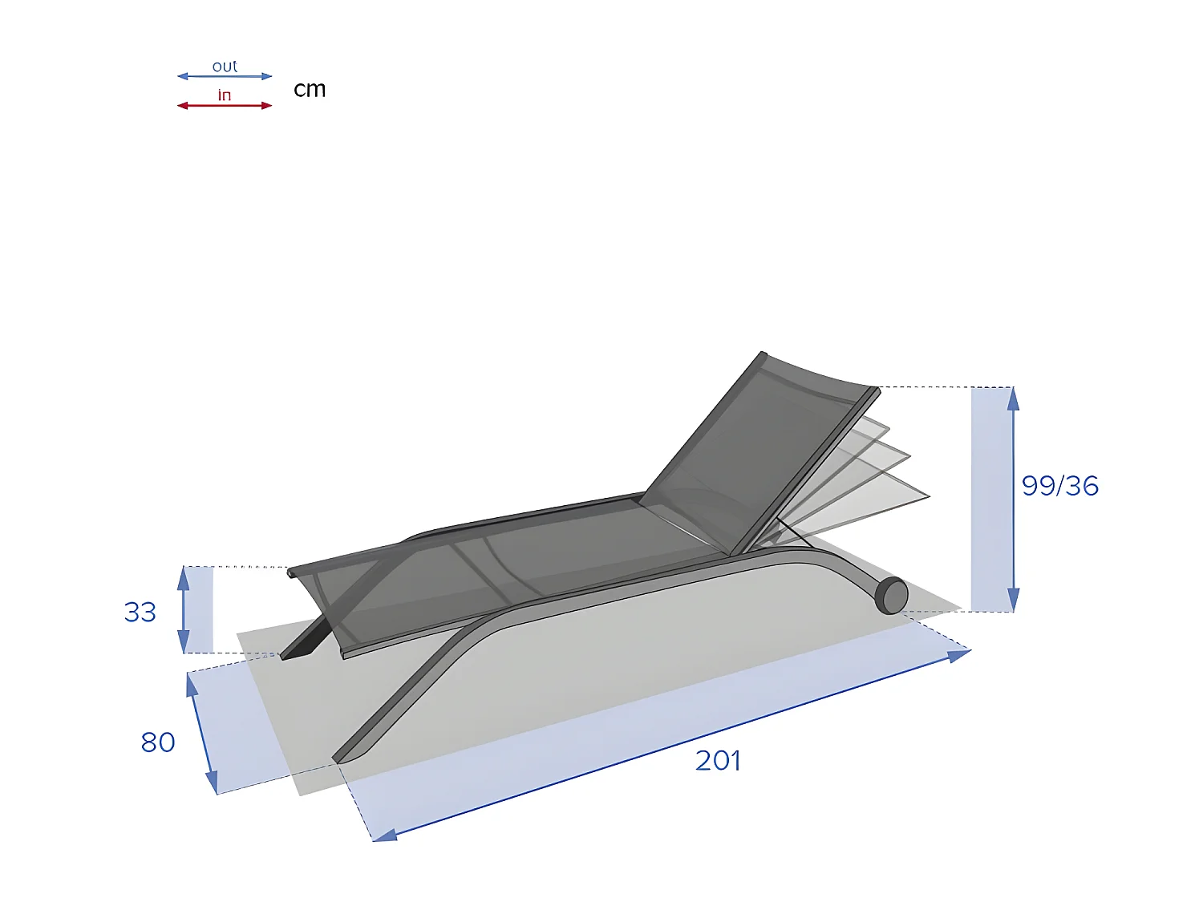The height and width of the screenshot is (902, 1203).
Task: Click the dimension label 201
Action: tap(718, 760)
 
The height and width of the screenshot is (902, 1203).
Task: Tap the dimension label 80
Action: tap(158, 742)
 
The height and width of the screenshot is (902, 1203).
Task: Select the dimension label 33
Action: tap(140, 613)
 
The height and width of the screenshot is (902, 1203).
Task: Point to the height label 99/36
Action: tap(1059, 486)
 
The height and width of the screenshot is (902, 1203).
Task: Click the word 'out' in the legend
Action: tap(225, 67)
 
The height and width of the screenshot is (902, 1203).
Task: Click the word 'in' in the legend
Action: tap(225, 95)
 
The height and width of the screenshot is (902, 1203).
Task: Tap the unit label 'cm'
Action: tap(310, 89)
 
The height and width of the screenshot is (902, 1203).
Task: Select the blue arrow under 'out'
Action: tap(225, 77)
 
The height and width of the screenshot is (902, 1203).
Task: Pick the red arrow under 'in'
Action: tap(225, 106)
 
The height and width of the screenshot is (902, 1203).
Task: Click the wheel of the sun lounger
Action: tap(891, 596)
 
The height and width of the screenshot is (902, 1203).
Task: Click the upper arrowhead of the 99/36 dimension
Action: tap(1013, 397)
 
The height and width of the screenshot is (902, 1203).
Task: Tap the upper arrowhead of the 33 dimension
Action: tap(184, 576)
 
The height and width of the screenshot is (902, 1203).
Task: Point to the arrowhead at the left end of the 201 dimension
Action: tap(384, 835)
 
